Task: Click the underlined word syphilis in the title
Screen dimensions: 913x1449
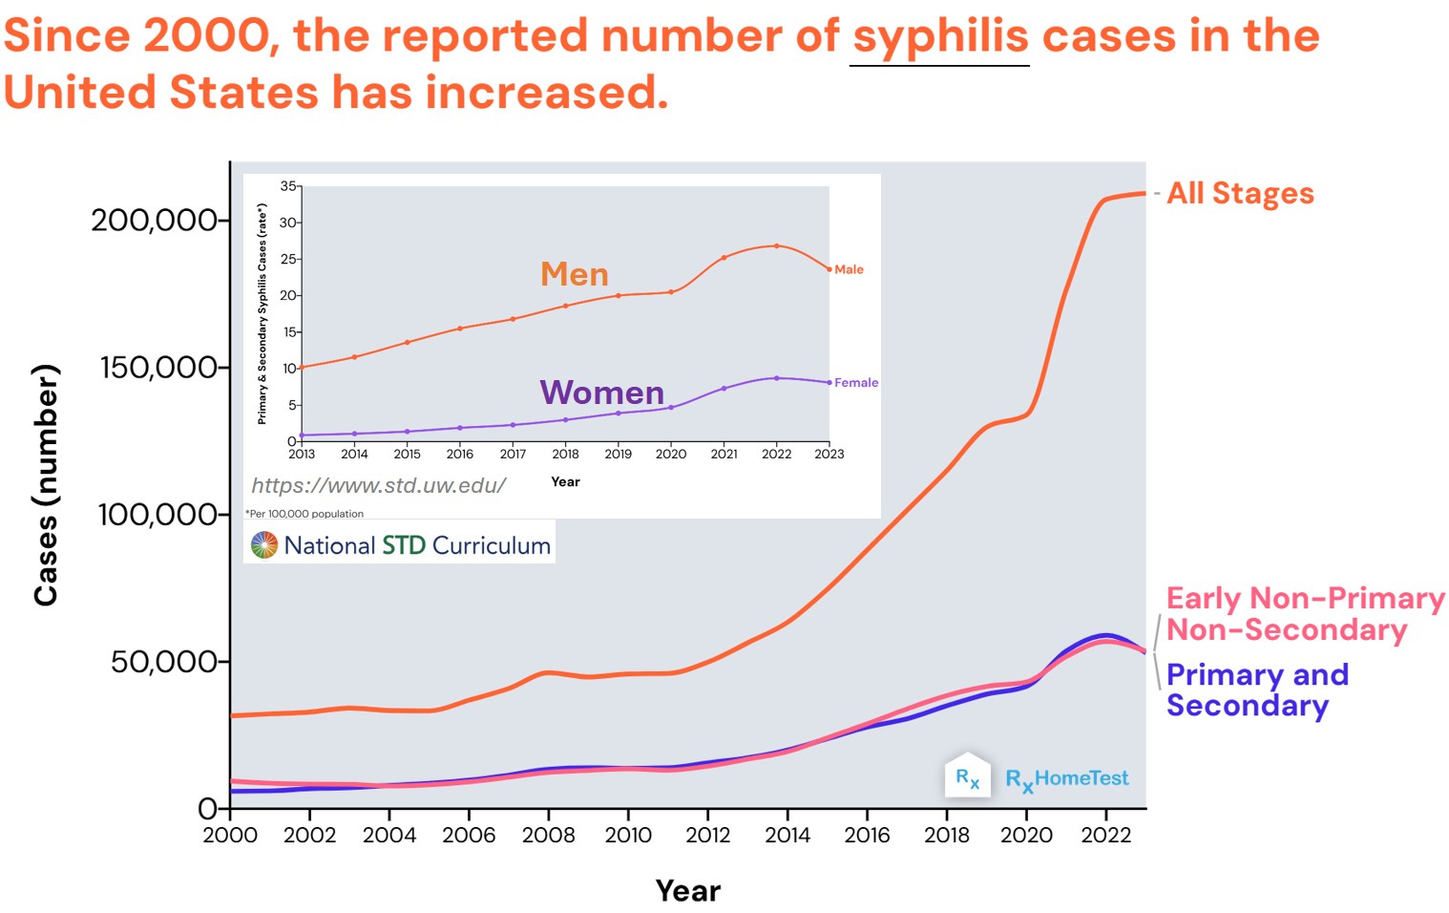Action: tap(939, 37)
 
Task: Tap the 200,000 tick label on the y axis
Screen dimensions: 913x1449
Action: tap(154, 221)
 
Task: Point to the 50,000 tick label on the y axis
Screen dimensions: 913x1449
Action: tap(164, 662)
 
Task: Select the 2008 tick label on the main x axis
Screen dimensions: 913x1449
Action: tap(548, 836)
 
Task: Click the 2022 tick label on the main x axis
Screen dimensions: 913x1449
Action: tap(1105, 836)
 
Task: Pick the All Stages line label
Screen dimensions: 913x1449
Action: tap(1240, 194)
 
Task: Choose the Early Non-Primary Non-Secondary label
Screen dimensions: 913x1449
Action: tap(1304, 614)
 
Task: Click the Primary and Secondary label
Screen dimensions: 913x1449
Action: tap(1256, 690)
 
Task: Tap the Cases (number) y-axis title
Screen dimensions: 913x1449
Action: tap(46, 485)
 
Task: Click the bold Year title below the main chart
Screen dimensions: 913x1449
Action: tap(687, 891)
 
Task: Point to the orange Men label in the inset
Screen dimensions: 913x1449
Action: tap(574, 275)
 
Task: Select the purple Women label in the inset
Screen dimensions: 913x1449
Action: tap(601, 393)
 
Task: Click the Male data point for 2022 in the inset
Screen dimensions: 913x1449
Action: tap(776, 246)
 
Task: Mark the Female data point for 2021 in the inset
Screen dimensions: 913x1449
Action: tap(724, 389)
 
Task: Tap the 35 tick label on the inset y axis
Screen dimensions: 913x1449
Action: tap(288, 186)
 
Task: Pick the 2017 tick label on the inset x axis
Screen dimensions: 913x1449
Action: tap(513, 455)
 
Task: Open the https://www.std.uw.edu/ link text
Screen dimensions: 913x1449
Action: tap(378, 486)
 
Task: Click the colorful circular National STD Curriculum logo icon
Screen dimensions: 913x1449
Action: tap(263, 545)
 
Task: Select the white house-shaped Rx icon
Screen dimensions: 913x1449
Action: tap(967, 776)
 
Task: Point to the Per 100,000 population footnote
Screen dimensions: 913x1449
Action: tap(304, 514)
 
